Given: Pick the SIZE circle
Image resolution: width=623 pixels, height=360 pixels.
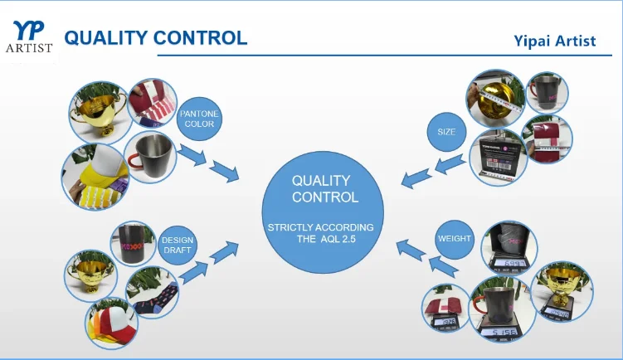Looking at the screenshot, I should click(447, 131).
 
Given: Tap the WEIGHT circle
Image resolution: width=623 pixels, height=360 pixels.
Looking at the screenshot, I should click(454, 239).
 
